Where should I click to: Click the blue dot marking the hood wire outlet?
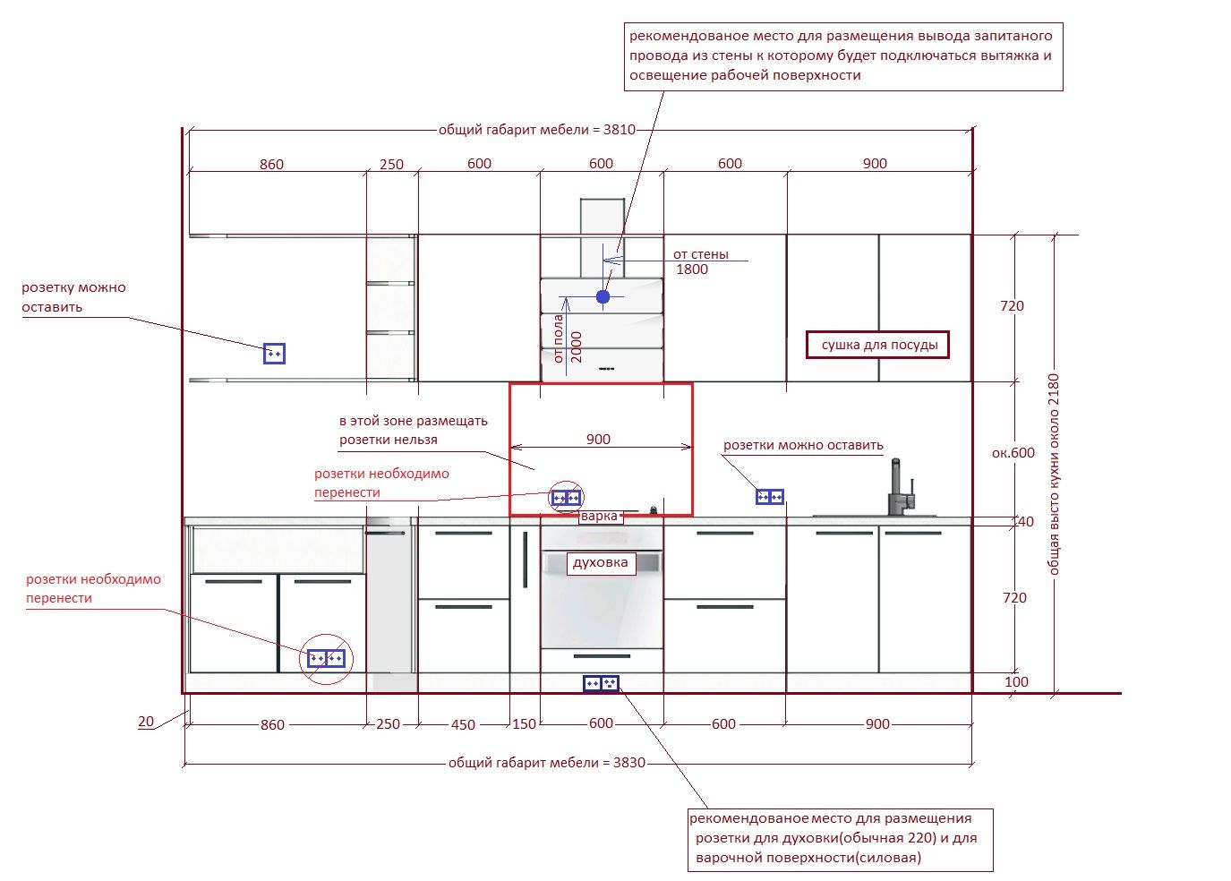tap(603, 296)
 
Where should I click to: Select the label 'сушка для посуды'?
tap(879, 345)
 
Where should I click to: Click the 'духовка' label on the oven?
tap(600, 562)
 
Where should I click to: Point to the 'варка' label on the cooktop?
tap(599, 516)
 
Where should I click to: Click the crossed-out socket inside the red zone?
tap(566, 498)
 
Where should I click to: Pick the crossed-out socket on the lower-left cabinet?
tap(326, 658)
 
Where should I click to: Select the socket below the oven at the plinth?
tap(602, 683)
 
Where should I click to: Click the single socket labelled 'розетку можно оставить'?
tap(274, 354)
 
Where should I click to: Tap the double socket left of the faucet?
tap(769, 497)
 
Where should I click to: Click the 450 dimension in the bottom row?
tap(463, 724)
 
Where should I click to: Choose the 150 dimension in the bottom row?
tap(524, 723)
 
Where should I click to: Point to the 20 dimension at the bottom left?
tap(146, 721)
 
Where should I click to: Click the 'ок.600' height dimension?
tap(1013, 452)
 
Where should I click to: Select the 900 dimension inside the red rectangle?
tap(598, 439)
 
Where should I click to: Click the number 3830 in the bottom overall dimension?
tap(629, 762)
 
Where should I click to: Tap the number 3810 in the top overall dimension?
tap(620, 130)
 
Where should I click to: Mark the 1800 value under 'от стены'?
tap(692, 269)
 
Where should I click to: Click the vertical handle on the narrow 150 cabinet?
tap(526, 560)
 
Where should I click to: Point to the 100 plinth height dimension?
tap(1016, 682)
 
